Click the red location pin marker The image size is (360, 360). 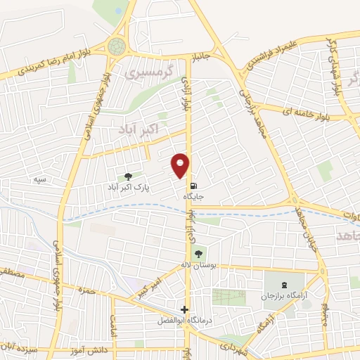click(x=181, y=165)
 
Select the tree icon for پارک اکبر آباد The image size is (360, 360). click(x=127, y=176)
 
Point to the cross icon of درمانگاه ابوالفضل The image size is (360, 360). click(x=184, y=309)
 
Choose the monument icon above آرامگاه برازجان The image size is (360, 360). click(x=284, y=285)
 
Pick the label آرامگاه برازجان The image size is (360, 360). click(x=285, y=297)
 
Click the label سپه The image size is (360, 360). click(x=41, y=180)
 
